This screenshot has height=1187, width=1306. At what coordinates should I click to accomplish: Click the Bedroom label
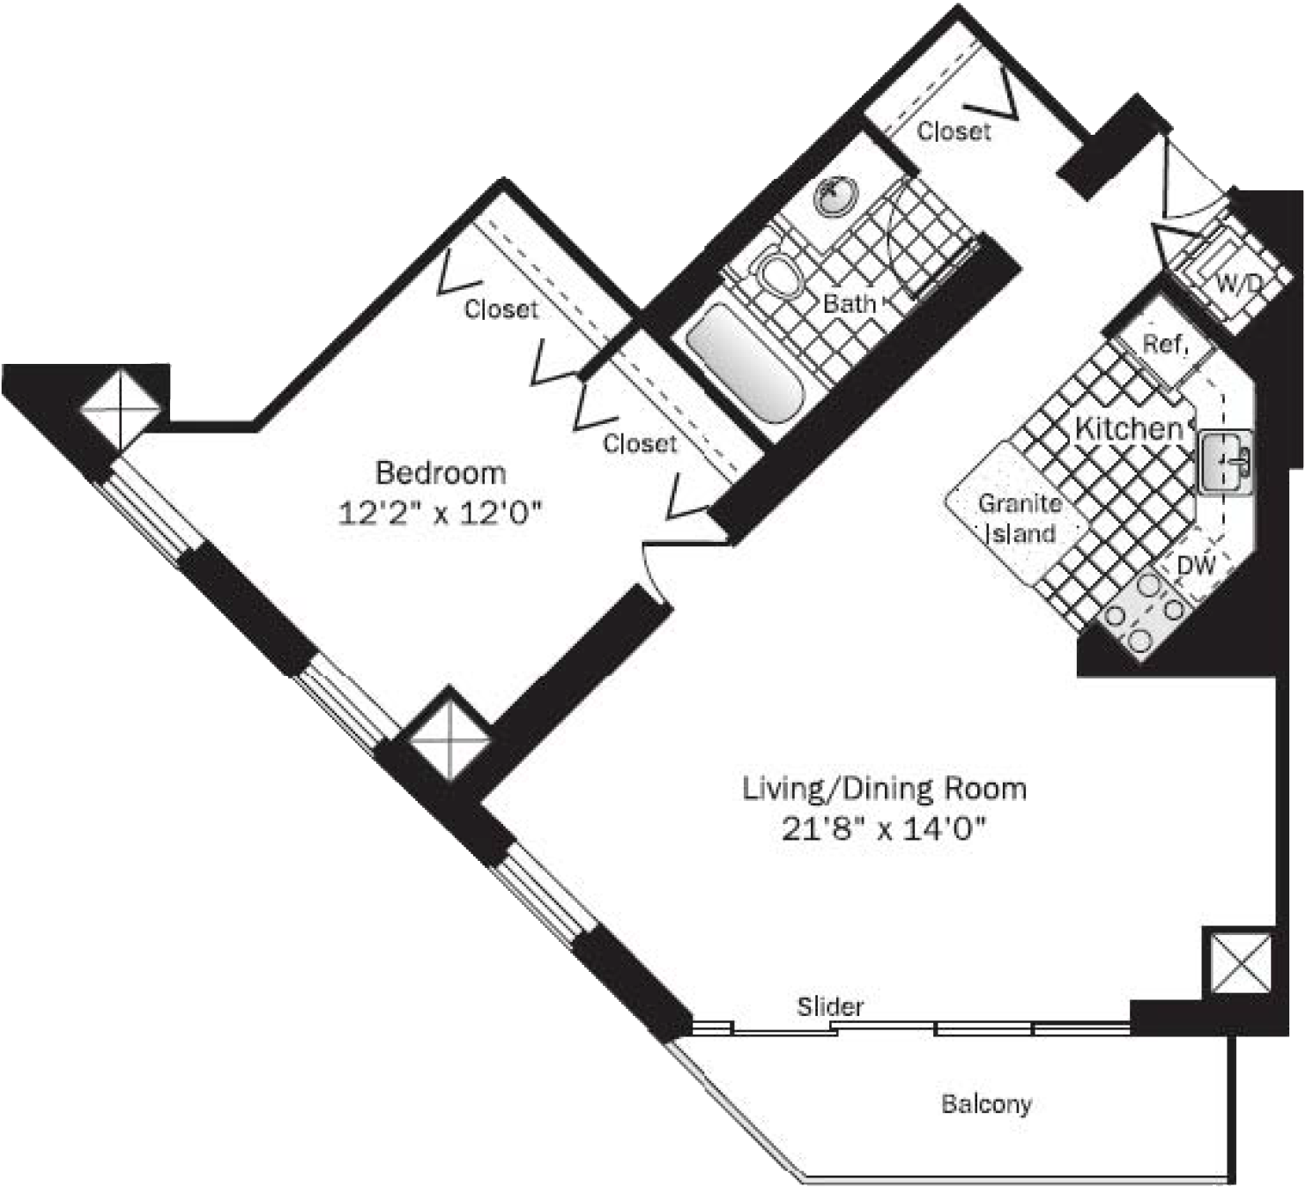[x=441, y=472]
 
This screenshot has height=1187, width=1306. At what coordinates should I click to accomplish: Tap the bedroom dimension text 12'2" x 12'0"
[x=441, y=514]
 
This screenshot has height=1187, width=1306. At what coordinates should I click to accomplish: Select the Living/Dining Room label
[x=885, y=790]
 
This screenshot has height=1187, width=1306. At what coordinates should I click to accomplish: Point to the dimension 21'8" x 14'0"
[x=884, y=830]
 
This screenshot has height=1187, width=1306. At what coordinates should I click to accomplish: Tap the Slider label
[x=830, y=1006]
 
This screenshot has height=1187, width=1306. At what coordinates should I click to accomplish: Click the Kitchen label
[x=1128, y=427]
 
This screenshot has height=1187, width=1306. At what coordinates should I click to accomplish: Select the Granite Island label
[x=1020, y=519]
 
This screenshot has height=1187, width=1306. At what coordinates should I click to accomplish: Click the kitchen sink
[x=1225, y=463]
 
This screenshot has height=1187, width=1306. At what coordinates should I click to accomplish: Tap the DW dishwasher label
[x=1196, y=566]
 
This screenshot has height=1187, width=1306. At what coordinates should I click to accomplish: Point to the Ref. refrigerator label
[x=1166, y=344]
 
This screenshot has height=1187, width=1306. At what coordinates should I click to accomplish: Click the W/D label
[x=1239, y=283]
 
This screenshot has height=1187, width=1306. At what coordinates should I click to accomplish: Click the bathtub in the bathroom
[x=746, y=363]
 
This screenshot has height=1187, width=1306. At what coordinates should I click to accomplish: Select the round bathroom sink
[x=836, y=193]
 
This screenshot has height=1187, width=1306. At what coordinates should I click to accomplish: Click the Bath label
[x=850, y=303]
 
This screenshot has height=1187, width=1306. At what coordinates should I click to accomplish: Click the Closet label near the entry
[x=954, y=131]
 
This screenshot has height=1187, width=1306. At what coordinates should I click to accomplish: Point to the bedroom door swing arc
[x=652, y=573]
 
